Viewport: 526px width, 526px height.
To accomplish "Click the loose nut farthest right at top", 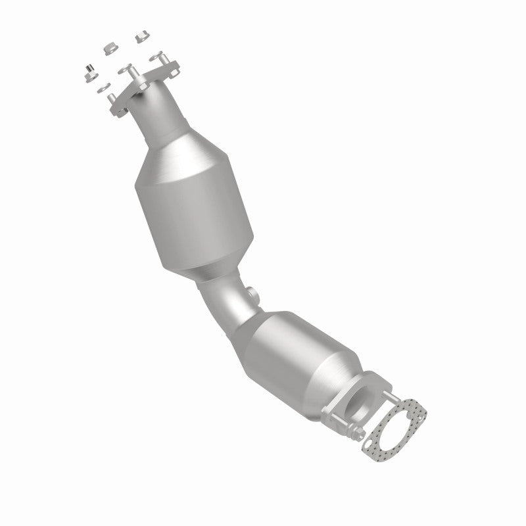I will point(141,37).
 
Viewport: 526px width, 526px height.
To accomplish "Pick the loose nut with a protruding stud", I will point(87,72).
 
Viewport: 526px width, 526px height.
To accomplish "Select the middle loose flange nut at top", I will point(111,49).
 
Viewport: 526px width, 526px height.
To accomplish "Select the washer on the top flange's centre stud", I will point(126,69).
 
